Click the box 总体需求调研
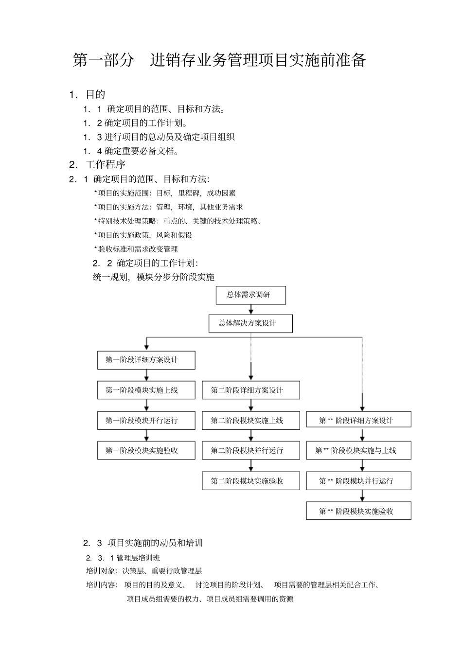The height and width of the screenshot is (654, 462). [x=250, y=295]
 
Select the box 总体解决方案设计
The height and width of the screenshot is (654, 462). [x=250, y=323]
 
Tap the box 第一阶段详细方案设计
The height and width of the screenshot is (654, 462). [x=146, y=360]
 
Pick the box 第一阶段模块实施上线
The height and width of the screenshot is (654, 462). [x=146, y=390]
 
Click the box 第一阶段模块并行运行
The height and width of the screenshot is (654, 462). [x=146, y=421]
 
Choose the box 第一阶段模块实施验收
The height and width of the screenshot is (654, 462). [x=146, y=450]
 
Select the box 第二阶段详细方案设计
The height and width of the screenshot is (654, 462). [x=250, y=390]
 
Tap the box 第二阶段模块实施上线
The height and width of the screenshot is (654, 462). [x=250, y=421]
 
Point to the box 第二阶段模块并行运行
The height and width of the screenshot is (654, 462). [x=250, y=450]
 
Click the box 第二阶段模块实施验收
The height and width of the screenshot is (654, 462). [x=250, y=481]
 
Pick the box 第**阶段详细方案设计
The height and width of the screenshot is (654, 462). [x=358, y=421]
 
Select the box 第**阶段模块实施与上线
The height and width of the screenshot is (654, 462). [x=358, y=450]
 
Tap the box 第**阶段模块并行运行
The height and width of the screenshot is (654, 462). [x=358, y=481]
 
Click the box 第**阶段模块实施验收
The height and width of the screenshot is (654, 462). [x=358, y=511]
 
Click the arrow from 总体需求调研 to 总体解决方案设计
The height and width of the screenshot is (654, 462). [x=250, y=310]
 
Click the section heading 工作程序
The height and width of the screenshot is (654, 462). [x=105, y=164]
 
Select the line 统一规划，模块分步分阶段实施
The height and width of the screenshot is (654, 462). [x=154, y=277]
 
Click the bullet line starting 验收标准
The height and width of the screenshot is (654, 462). [x=138, y=249]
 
